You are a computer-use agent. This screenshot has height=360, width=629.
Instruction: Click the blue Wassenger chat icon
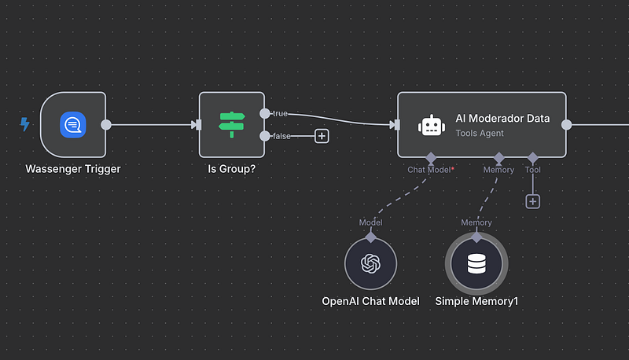point(73,125)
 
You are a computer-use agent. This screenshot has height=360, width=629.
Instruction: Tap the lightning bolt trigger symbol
point(24,124)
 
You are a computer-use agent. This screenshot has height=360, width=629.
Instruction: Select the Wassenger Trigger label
point(73,169)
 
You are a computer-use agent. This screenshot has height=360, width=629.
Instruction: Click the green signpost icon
point(232,125)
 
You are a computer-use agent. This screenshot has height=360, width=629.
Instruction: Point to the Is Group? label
point(232,169)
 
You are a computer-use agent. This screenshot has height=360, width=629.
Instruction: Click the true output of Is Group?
point(265,114)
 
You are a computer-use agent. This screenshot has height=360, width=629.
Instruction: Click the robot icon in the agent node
point(430,125)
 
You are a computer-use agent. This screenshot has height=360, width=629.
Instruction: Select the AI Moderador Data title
point(502,119)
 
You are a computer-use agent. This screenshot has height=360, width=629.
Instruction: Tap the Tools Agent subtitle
point(480,134)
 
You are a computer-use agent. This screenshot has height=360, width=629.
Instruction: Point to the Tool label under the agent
point(533,170)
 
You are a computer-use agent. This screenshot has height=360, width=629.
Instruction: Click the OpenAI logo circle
point(370,264)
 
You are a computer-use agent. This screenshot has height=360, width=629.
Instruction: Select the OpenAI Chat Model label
point(370,301)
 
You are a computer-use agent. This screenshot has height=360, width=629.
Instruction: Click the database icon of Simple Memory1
point(476,264)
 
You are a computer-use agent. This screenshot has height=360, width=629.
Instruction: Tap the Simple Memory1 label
point(476,301)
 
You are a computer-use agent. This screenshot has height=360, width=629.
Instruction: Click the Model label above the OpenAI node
point(370,222)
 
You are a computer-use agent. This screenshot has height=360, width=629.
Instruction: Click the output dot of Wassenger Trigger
point(106,124)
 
